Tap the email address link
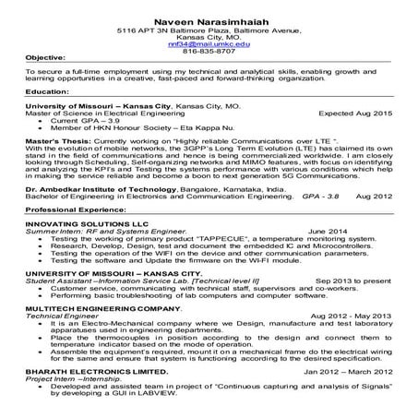coord(209,43)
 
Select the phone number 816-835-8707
coord(209,52)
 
